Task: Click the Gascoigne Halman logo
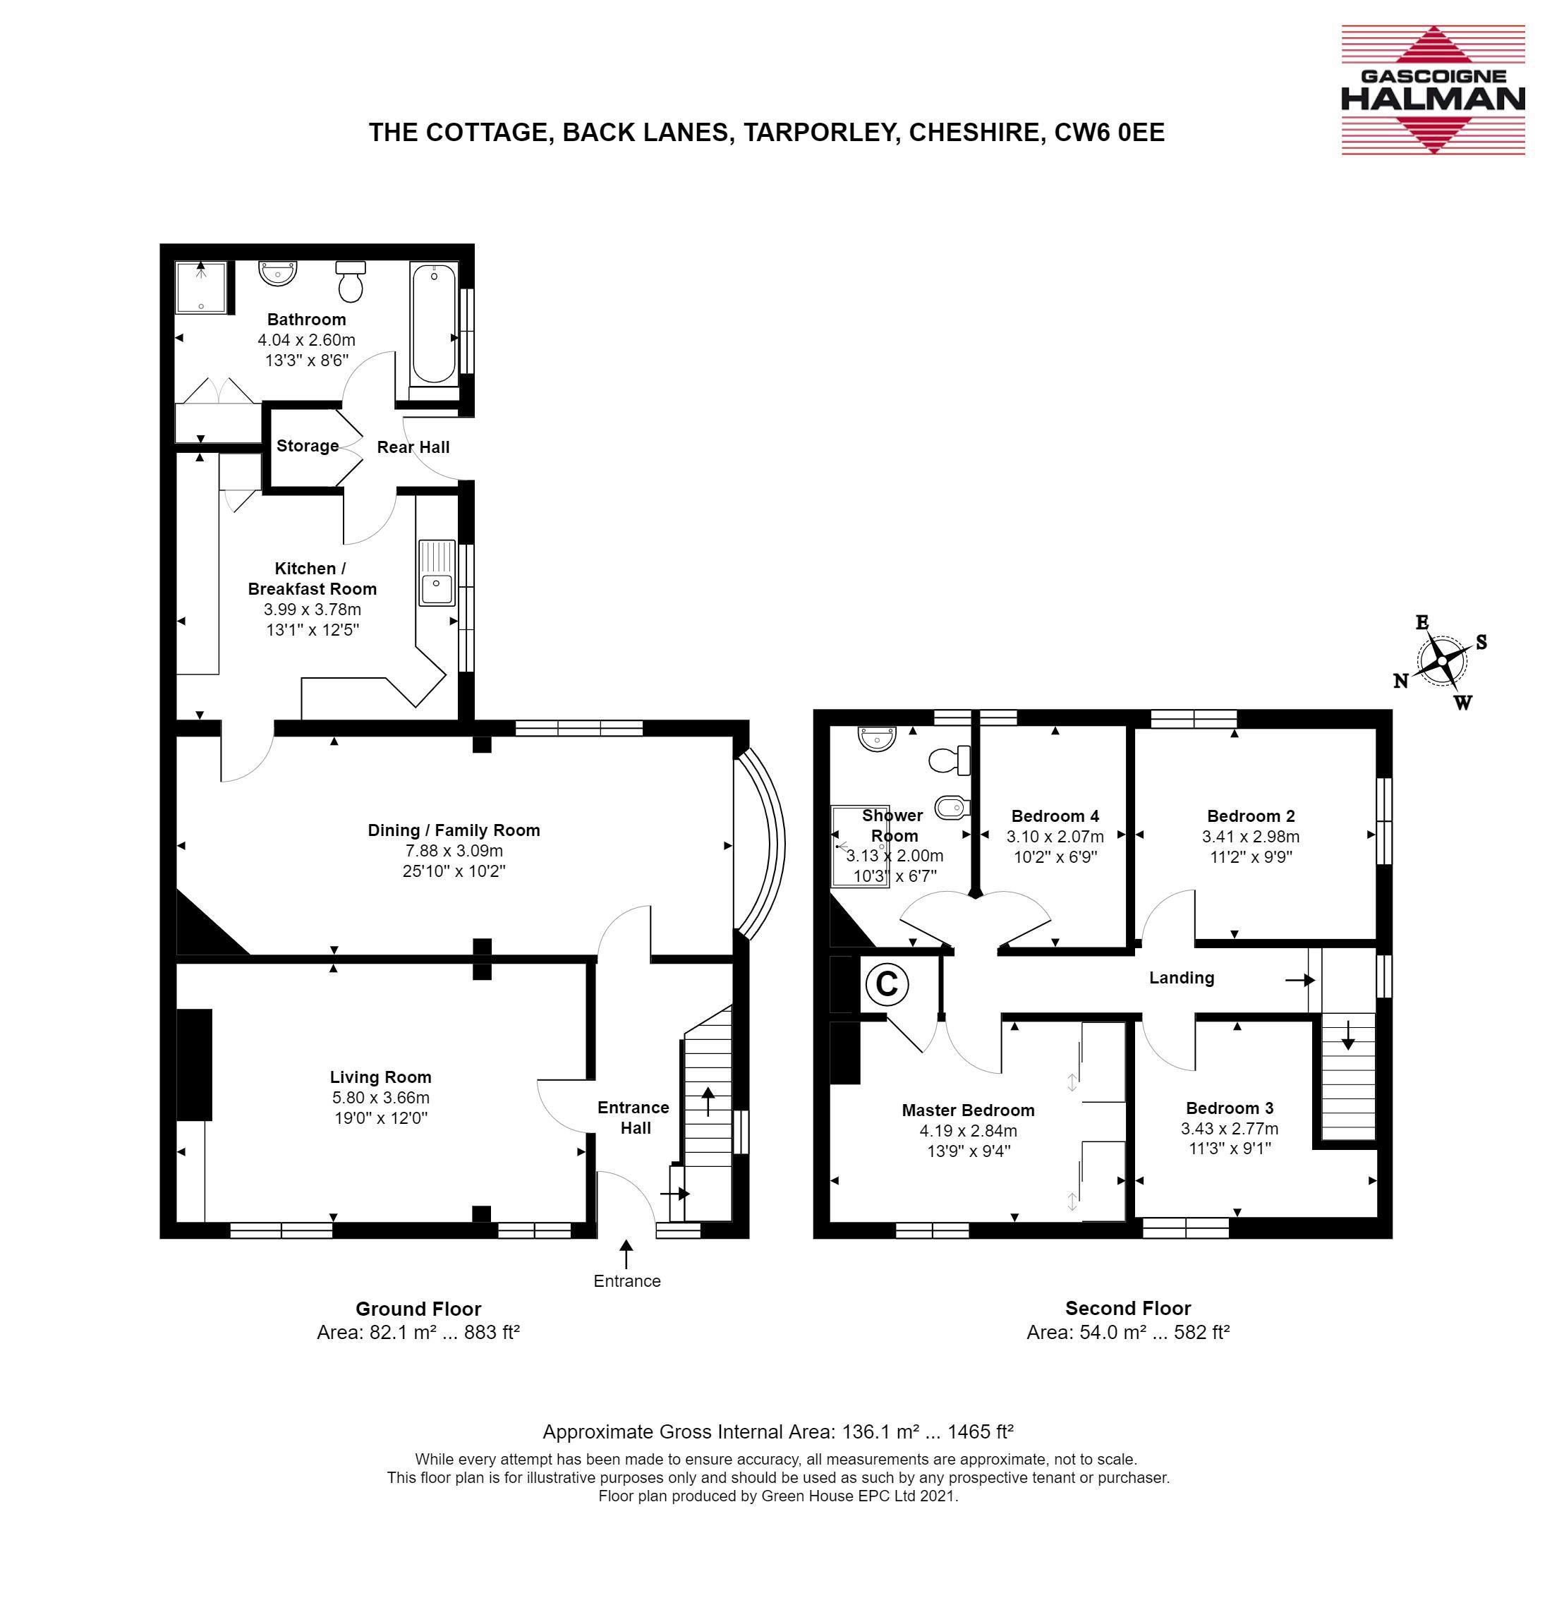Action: (1433, 90)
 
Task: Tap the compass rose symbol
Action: (1441, 662)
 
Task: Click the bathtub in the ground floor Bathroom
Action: (433, 325)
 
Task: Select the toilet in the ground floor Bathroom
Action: (351, 281)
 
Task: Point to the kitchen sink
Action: (437, 572)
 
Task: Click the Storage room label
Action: (307, 447)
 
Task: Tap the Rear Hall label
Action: (413, 447)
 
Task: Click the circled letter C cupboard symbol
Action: (886, 983)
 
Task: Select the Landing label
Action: (1181, 978)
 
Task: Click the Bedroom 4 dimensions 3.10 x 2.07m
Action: (1055, 837)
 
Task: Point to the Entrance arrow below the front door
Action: (626, 1254)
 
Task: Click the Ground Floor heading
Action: (418, 1309)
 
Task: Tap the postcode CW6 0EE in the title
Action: (1109, 132)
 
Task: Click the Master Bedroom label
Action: (968, 1110)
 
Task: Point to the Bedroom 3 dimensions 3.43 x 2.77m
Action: (1230, 1128)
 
